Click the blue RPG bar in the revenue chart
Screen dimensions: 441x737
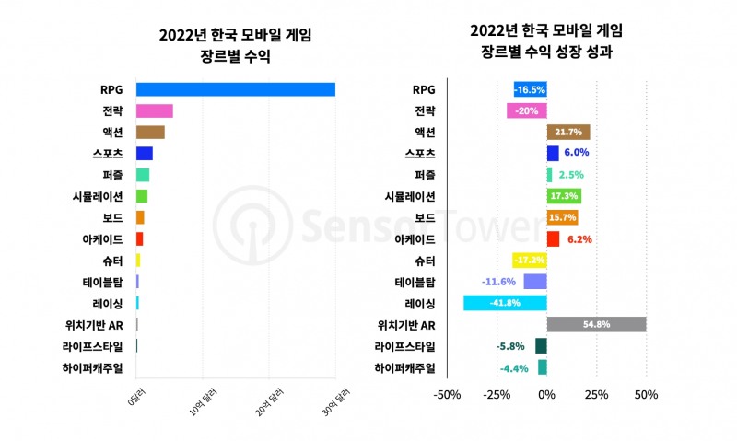click(x=235, y=89)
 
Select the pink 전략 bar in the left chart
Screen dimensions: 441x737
click(x=154, y=111)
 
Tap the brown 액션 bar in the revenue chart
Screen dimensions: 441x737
click(x=150, y=133)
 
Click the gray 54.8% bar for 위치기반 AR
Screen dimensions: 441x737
click(x=596, y=324)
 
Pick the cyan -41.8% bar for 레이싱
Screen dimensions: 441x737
click(x=505, y=303)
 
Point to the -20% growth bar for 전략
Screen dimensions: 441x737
click(x=526, y=111)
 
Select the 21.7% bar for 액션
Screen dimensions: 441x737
click(x=568, y=133)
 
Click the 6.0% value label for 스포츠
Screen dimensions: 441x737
click(x=577, y=154)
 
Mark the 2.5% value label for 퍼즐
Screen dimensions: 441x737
click(x=570, y=175)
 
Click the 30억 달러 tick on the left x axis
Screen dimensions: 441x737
click(x=337, y=401)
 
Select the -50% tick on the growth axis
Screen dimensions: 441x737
click(x=447, y=396)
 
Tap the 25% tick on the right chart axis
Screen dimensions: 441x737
click(x=596, y=396)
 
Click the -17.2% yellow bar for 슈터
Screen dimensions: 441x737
click(x=529, y=261)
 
